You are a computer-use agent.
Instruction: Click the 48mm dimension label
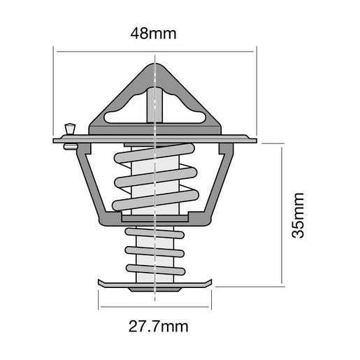154,33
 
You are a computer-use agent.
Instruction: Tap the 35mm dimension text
299,215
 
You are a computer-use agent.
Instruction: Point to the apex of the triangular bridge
154,67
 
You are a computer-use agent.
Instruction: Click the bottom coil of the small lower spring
154,268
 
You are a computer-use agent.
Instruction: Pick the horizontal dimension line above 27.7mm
154,308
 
